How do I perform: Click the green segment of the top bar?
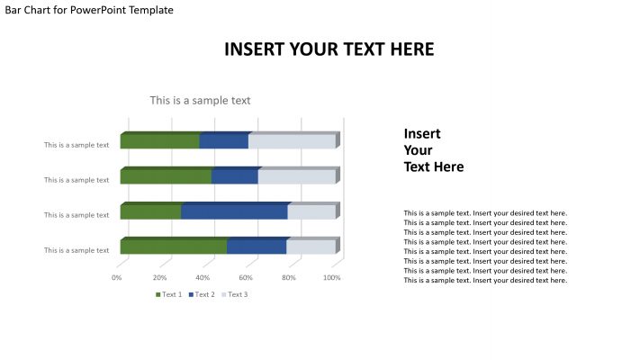point(159,141)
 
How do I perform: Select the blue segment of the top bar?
point(223,141)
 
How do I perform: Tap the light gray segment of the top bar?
point(292,141)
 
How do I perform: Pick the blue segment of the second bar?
point(234,176)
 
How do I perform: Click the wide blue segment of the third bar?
point(234,211)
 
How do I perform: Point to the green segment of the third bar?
point(150,211)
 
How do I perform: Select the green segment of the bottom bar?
point(173,247)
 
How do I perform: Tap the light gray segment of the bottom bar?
point(311,247)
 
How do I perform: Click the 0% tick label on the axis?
point(117,278)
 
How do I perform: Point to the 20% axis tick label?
point(160,278)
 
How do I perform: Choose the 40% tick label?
point(203,278)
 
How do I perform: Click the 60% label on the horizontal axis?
point(246,278)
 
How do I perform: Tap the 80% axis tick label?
point(289,278)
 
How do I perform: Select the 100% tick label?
point(331,278)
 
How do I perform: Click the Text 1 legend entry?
point(169,294)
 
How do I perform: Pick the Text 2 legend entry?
point(203,294)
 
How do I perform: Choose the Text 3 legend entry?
point(235,294)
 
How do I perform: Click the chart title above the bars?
point(200,101)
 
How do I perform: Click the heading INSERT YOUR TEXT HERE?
point(329,49)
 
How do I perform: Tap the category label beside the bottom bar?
point(77,250)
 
